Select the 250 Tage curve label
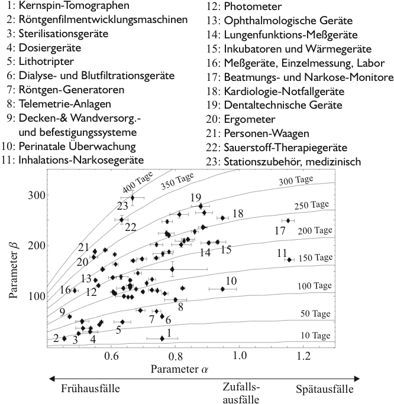point(312,205)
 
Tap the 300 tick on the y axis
point(35,194)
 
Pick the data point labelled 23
point(133,197)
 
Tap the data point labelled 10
point(222,289)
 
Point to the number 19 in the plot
point(197,197)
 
